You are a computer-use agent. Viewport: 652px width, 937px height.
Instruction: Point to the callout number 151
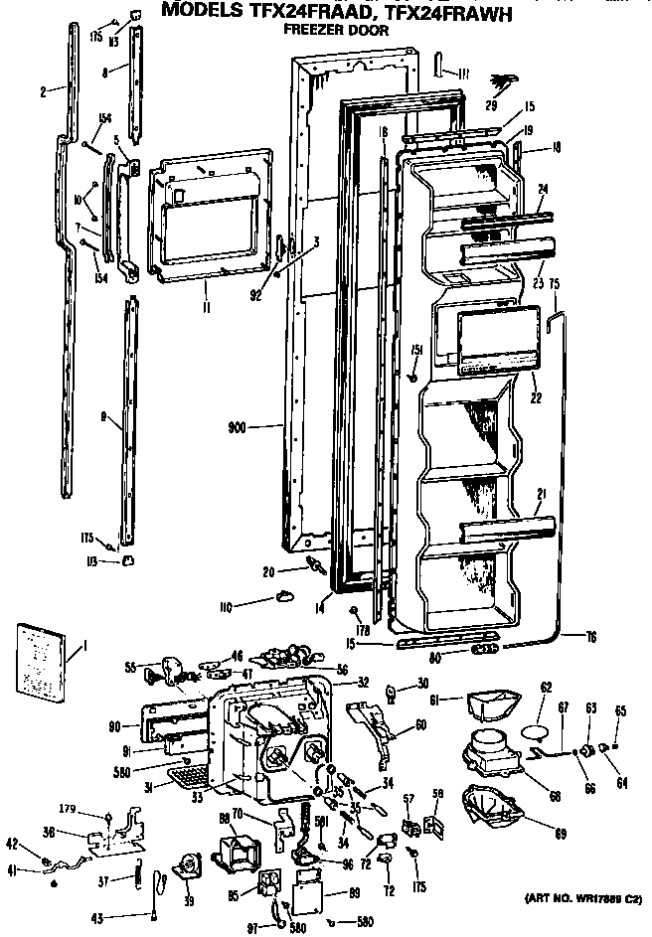point(418,347)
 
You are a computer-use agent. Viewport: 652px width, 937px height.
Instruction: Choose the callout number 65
point(620,711)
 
